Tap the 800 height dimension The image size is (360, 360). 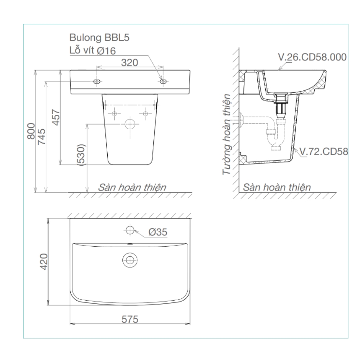coord(31,132)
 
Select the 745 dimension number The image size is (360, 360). coord(42,137)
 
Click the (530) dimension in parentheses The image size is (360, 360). coord(81,155)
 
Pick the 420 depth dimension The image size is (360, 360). coord(44,262)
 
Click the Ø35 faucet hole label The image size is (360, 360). coord(157,232)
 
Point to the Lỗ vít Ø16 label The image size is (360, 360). coord(93,51)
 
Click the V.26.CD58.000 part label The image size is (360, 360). coord(312,57)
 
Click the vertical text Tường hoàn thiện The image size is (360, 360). coord(226,134)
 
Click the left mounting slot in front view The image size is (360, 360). coord(97,82)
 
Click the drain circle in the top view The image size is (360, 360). coord(130,259)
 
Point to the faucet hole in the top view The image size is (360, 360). coord(130,229)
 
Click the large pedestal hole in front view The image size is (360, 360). coord(130,124)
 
